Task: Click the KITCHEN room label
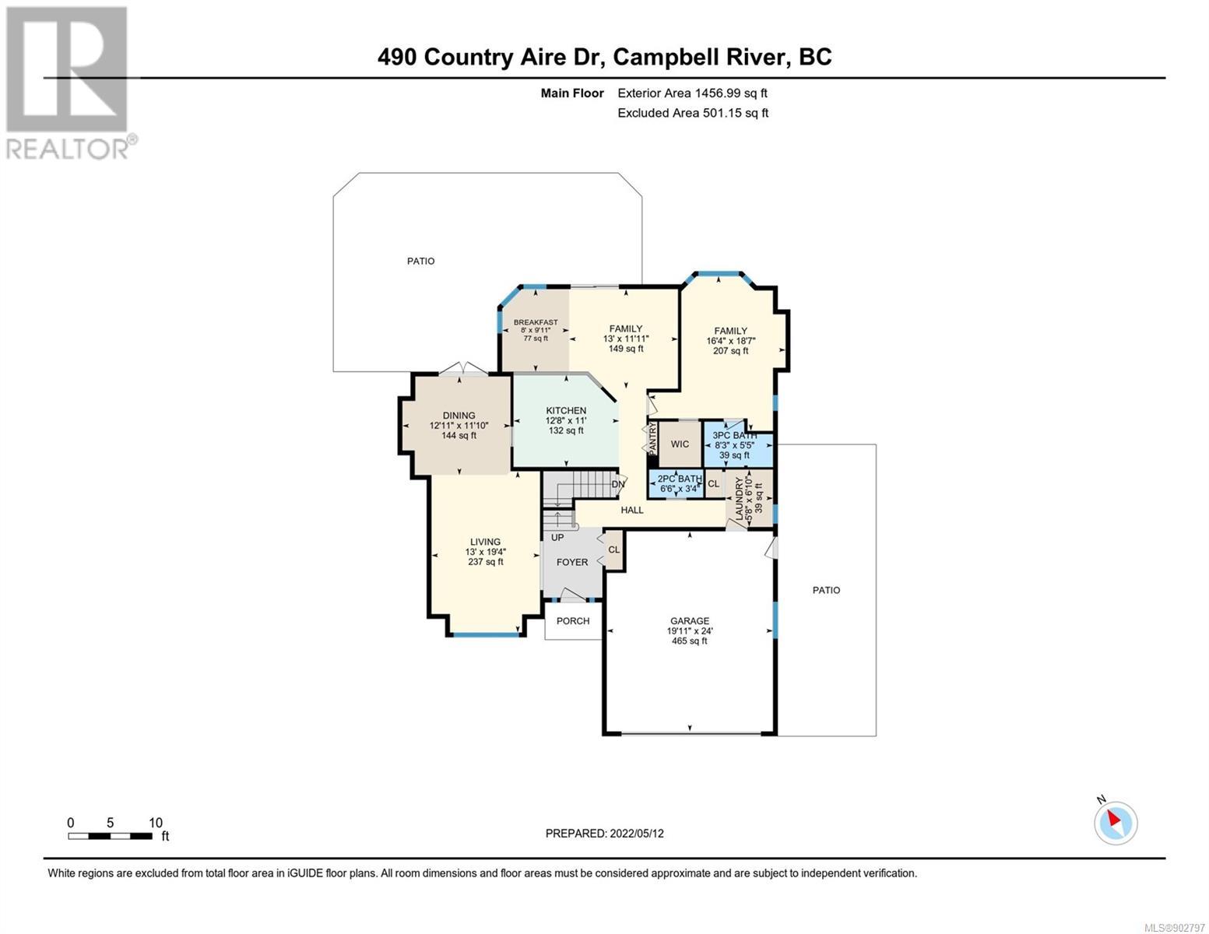point(566,410)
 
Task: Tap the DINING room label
point(459,415)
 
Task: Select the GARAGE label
point(689,620)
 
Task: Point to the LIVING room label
point(485,541)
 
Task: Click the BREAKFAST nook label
point(536,322)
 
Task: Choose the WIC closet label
point(680,444)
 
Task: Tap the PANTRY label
point(652,437)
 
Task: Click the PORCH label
point(572,621)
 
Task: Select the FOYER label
point(572,563)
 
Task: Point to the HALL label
point(632,510)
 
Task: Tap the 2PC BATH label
point(680,479)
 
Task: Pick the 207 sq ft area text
point(730,350)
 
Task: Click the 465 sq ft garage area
point(689,641)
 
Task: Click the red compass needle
point(1114,818)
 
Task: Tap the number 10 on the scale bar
point(156,822)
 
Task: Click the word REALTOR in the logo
point(67,149)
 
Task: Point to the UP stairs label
point(557,537)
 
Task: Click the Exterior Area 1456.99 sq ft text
point(692,93)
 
